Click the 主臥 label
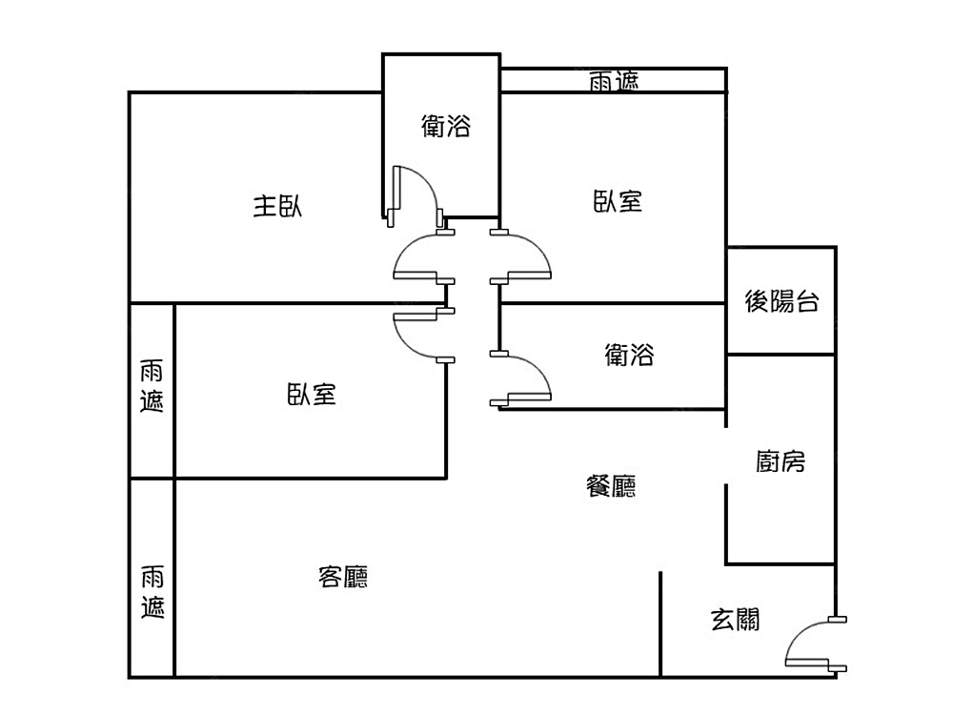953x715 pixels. pos(277,206)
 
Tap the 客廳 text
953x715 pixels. pos(343,577)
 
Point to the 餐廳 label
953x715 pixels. pos(610,487)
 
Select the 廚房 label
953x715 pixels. pos(781,462)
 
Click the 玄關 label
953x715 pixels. pos(736,620)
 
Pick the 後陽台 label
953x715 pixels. pos(781,303)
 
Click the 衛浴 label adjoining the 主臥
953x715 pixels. pos(446,126)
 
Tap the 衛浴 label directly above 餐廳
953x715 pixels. pos(630,356)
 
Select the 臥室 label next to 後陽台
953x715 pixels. pos(618,201)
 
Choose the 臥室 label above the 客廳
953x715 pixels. pos(312,394)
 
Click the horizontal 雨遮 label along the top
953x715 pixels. pos(614,82)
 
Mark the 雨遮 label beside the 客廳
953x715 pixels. pos(152,591)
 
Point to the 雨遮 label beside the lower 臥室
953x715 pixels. pos(152,385)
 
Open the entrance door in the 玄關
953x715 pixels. pos(810,644)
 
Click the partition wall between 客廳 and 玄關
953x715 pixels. pos(660,624)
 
